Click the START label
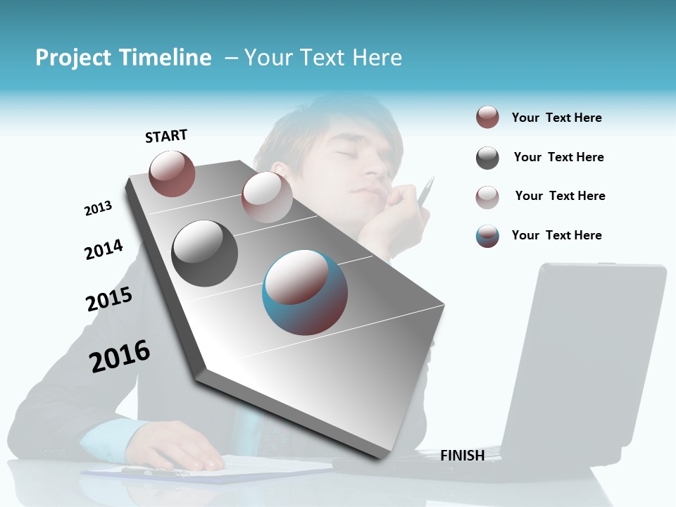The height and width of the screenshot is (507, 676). (166, 136)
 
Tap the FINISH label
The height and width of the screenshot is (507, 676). (462, 456)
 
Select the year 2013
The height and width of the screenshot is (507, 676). (98, 208)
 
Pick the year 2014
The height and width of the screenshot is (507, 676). (104, 249)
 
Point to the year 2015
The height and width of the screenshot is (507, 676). (109, 299)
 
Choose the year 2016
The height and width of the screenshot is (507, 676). (120, 356)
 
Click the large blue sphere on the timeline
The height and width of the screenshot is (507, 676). (304, 292)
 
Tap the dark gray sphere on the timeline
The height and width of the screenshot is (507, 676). (204, 253)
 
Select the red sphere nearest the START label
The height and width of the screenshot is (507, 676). (172, 173)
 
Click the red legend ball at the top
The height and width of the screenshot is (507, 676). (487, 117)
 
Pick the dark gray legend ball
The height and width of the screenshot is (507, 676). (487, 158)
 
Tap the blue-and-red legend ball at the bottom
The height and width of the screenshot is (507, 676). (487, 236)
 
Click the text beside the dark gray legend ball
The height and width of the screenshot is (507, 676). (558, 157)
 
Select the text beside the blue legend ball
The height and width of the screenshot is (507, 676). (556, 235)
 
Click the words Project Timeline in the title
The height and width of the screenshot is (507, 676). (123, 58)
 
